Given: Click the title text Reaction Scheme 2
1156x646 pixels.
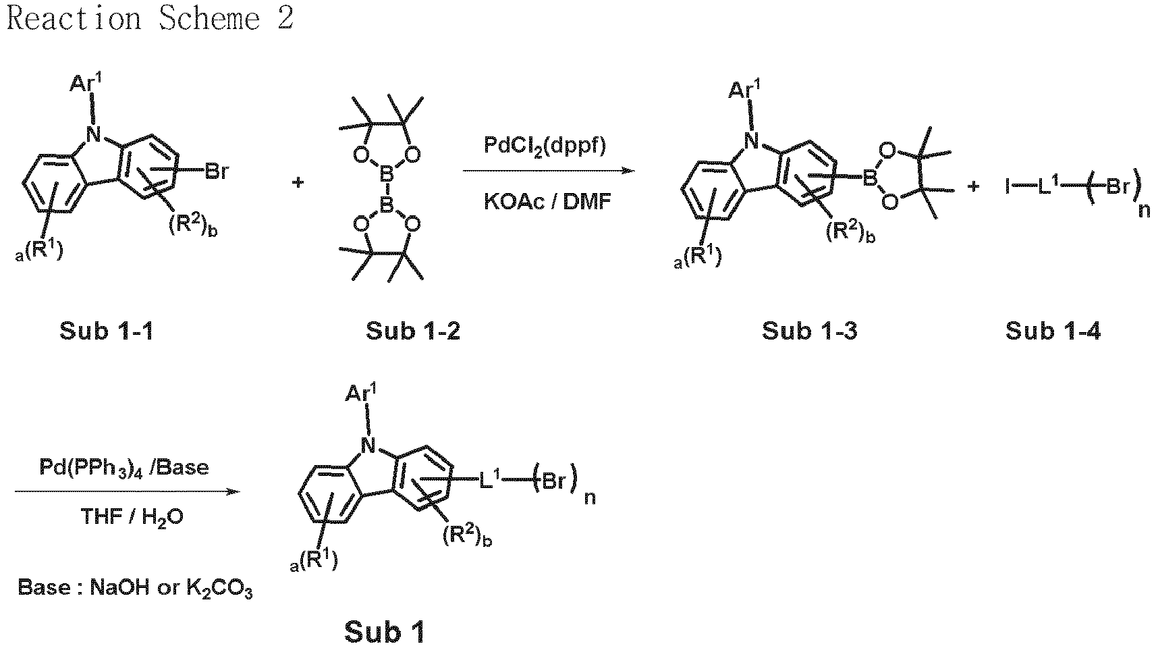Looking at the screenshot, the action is (150, 19).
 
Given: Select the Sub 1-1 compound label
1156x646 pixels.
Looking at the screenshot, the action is (107, 331).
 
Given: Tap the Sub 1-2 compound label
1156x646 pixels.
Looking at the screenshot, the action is (413, 331).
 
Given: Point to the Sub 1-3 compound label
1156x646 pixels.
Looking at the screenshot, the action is (809, 331).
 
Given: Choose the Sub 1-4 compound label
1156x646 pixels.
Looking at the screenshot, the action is (1053, 331).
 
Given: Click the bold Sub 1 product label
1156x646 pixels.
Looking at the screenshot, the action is (385, 632).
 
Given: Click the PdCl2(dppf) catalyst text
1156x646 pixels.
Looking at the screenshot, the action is (545, 146).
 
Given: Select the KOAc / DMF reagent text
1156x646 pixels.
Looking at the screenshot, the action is (547, 201).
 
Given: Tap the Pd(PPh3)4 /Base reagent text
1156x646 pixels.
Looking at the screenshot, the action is (124, 468).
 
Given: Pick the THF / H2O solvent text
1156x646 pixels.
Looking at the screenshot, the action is (132, 517).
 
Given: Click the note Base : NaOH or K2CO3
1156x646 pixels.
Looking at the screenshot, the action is (135, 588).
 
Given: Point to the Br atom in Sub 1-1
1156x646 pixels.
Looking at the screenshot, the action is (217, 171).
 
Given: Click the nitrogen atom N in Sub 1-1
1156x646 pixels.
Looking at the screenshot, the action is (93, 134).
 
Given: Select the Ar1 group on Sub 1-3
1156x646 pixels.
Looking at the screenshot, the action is (743, 89).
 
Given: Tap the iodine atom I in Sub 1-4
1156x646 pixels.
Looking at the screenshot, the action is (1008, 186).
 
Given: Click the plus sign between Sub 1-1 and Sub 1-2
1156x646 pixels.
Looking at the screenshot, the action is (298, 182).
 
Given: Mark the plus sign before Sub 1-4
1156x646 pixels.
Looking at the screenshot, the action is (973, 186).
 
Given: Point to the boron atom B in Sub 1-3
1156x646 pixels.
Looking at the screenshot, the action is (870, 178).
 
